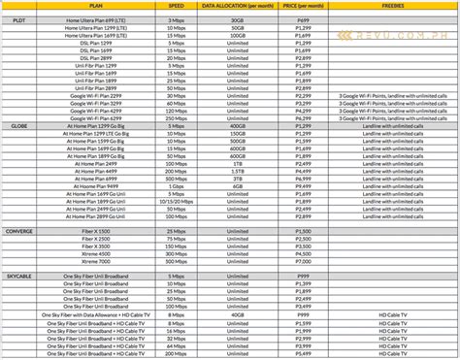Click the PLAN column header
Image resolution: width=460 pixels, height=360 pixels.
pyautogui.click(x=96, y=6)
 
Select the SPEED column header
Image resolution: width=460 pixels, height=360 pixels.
pyautogui.click(x=176, y=6)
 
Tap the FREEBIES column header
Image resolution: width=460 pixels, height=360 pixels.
pyautogui.click(x=395, y=6)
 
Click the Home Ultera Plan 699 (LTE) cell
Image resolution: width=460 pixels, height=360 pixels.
pyautogui.click(x=95, y=20)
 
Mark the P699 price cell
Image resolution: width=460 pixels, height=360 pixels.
pyautogui.click(x=301, y=20)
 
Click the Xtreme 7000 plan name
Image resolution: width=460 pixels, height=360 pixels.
pyautogui.click(x=95, y=260)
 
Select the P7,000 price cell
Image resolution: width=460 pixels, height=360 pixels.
pyautogui.click(x=301, y=260)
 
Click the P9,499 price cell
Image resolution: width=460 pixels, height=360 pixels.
pyautogui.click(x=301, y=185)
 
